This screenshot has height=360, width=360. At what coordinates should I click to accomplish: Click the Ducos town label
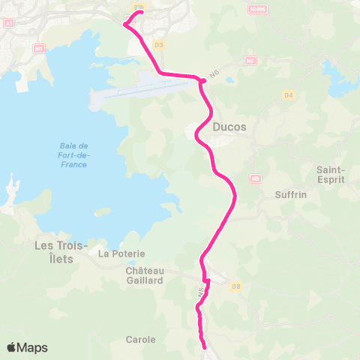click(229, 127)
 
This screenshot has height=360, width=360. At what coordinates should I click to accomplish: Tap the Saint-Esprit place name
click(331, 174)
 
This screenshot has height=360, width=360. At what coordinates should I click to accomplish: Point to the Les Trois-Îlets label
click(62, 250)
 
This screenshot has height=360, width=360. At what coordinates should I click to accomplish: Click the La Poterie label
click(116, 254)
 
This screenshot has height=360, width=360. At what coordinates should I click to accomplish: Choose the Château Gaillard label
click(145, 275)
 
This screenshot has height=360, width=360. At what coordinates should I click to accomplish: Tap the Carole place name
click(141, 339)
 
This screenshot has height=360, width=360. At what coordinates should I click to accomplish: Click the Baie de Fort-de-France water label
click(73, 154)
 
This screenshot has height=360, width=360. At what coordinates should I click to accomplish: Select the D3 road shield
click(158, 45)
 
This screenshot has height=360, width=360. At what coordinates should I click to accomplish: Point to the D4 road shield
click(288, 94)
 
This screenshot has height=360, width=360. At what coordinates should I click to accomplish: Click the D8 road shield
click(237, 286)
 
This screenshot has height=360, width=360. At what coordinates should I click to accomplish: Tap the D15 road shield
click(137, 6)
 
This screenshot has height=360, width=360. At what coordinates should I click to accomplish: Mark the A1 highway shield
click(8, 23)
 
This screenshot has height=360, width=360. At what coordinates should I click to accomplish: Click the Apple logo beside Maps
click(12, 347)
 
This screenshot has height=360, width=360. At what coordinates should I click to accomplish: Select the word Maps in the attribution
click(33, 347)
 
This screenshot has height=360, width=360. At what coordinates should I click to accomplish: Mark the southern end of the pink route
click(205, 346)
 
